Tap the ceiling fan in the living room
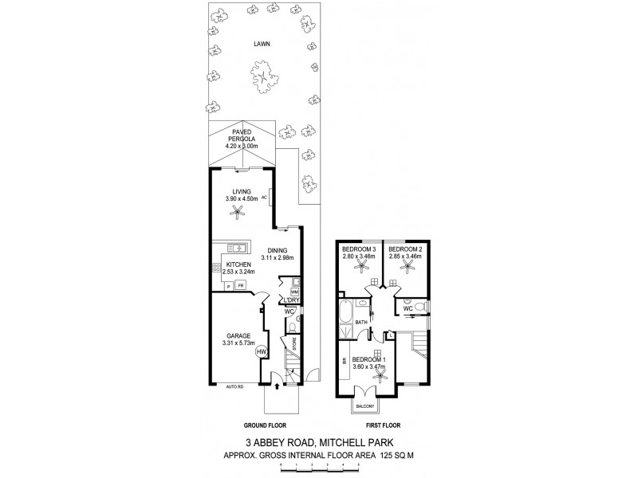click(x=237, y=210)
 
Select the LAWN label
click(x=262, y=45)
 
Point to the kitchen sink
click(x=238, y=249)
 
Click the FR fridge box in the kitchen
click(x=238, y=285)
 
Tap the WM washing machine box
click(x=295, y=293)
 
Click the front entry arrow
click(x=276, y=388)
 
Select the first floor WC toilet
click(x=418, y=307)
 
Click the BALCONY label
click(x=365, y=406)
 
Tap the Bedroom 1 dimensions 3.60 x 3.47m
click(x=370, y=366)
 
